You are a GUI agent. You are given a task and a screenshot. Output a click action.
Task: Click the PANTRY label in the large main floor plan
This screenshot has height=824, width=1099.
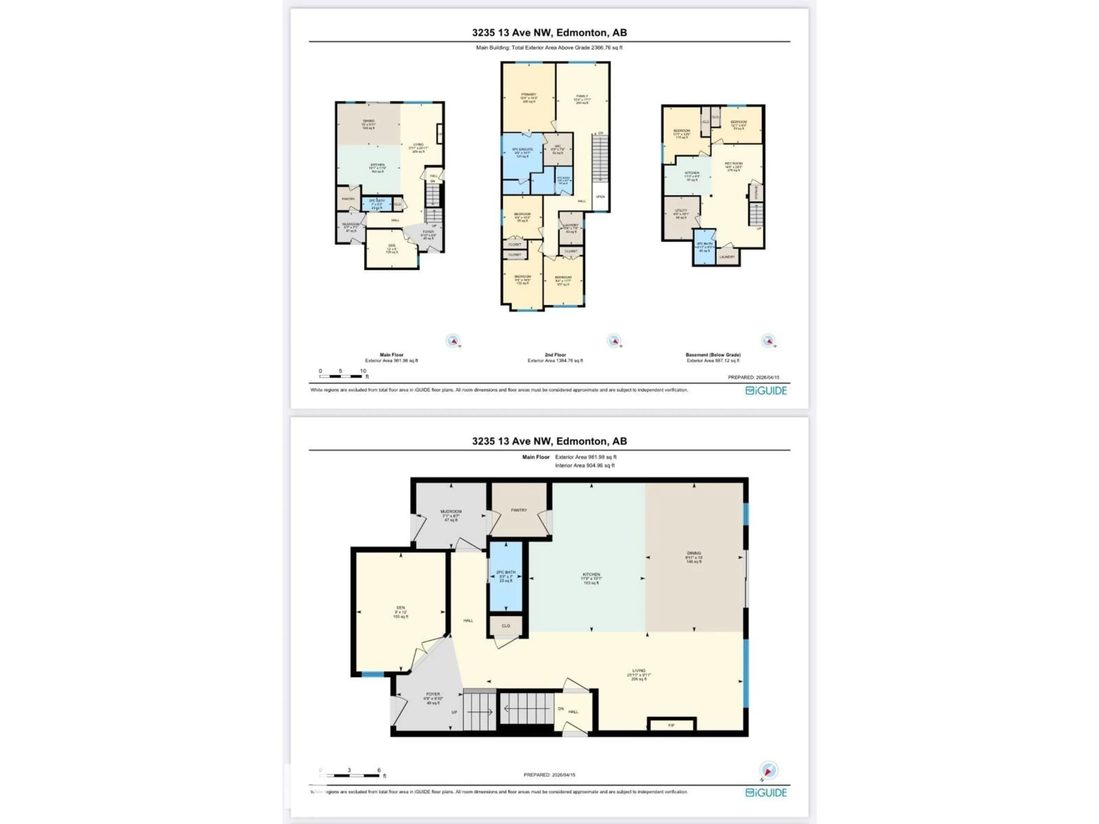coord(519,510)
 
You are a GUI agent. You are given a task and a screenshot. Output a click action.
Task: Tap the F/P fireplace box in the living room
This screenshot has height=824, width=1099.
coord(671,725)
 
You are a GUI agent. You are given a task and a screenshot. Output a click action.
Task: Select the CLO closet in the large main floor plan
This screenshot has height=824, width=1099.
coord(506,625)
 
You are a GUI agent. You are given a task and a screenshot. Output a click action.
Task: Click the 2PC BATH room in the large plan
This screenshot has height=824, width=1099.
coord(506,576)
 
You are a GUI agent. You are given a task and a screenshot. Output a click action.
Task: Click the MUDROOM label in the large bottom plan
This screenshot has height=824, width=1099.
coord(451,512)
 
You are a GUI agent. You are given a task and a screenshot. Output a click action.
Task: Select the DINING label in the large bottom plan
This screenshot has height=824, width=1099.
coord(694,553)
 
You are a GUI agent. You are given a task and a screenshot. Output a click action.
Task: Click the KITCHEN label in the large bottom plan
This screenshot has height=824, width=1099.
coord(591,575)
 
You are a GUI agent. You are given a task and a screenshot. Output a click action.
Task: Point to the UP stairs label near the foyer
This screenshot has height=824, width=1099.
coord(454,712)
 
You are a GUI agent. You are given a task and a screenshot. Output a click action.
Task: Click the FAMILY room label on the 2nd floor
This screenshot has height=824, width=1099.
coord(582,96)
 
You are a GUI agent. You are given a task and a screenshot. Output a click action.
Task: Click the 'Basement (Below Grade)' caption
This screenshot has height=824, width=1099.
coord(713,354)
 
